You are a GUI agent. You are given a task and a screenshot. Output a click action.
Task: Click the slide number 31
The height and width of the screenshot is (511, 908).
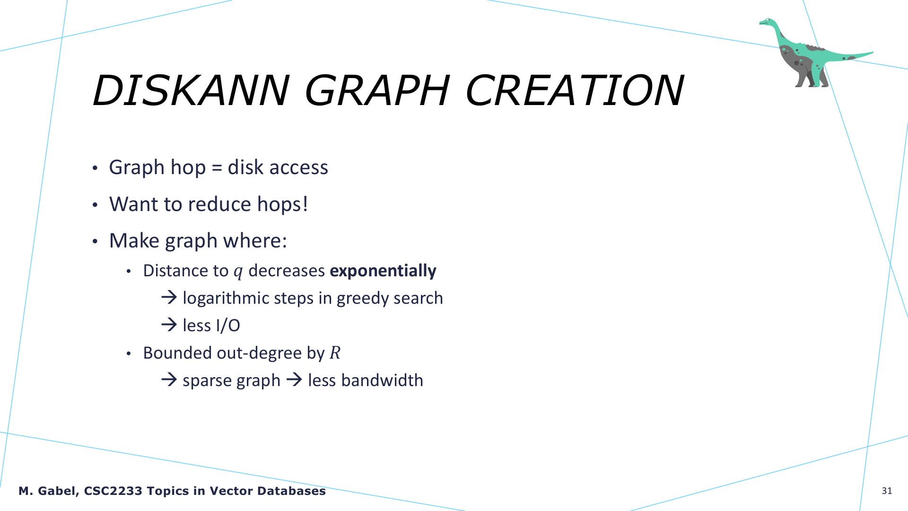pos(887,491)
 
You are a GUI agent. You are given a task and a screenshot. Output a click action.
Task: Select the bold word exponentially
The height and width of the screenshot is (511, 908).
pos(383,271)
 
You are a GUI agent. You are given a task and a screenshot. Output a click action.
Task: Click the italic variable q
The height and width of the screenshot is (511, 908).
pos(238,272)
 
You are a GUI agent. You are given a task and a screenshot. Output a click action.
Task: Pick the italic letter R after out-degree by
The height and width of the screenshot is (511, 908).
pos(335,353)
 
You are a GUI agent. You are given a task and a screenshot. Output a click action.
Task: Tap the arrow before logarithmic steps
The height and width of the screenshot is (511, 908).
pos(169,297)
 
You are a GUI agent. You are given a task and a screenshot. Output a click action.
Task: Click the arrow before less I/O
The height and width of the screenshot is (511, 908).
pos(169,325)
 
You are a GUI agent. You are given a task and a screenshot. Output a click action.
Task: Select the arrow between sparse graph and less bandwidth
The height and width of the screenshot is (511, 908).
pos(294,379)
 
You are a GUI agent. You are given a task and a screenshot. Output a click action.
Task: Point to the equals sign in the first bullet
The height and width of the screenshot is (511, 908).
pos(217,168)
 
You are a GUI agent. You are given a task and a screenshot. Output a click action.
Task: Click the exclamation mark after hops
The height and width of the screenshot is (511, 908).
pos(305,204)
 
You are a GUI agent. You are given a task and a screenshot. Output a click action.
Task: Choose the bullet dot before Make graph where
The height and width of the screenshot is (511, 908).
pos(95,241)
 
